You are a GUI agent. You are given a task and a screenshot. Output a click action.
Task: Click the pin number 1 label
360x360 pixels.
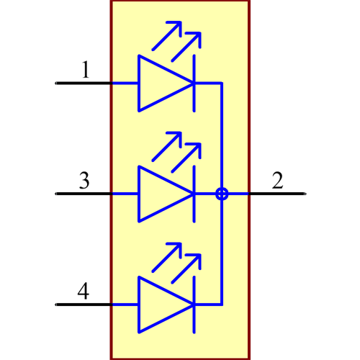(86, 70)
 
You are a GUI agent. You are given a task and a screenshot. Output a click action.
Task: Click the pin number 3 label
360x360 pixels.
(84, 180)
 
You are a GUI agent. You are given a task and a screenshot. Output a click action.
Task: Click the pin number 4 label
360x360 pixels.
(84, 292)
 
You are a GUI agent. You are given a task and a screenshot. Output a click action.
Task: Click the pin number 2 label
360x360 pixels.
(277, 180)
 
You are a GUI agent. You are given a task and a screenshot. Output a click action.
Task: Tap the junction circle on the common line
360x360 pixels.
(222, 194)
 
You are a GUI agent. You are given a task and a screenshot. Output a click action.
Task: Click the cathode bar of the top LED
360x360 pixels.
(194, 83)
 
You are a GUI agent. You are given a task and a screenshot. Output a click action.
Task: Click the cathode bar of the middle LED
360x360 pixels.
(194, 194)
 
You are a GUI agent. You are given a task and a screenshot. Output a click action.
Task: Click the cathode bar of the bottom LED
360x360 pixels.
(194, 305)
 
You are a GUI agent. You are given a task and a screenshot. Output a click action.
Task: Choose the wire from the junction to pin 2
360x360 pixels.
(238, 194)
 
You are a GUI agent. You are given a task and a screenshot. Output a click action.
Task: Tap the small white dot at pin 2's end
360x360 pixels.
(305, 194)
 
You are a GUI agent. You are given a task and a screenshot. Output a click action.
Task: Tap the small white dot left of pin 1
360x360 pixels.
(55, 84)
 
